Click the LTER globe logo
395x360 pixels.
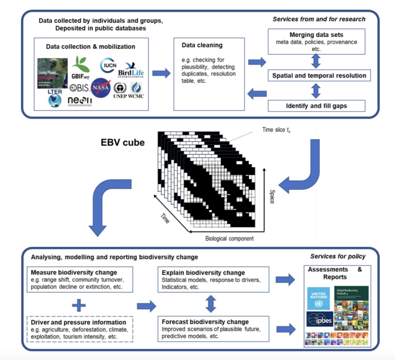point(54,98)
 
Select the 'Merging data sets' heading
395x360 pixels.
point(316,34)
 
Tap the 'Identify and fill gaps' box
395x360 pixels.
point(316,106)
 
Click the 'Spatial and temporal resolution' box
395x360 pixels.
point(316,76)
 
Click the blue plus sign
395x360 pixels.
point(78,305)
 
